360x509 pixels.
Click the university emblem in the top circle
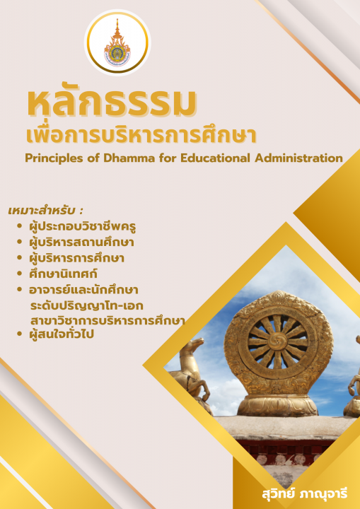(117, 44)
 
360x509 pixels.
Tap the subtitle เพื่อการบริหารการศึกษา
(139, 135)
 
